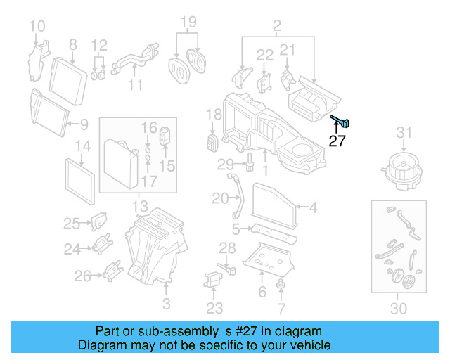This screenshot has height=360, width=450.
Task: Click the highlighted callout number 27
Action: point(337,141)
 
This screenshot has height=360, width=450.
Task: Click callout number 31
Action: point(403,132)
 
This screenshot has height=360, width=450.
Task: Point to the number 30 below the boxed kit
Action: point(398,308)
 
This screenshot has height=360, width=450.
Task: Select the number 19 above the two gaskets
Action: point(187,22)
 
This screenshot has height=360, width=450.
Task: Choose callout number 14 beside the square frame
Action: point(83,146)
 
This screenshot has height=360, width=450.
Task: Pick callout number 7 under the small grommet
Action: point(281,308)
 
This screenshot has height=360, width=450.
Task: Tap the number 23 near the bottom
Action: point(214,308)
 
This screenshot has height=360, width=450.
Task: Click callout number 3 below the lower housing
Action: point(166,304)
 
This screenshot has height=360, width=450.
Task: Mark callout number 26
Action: point(83,276)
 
